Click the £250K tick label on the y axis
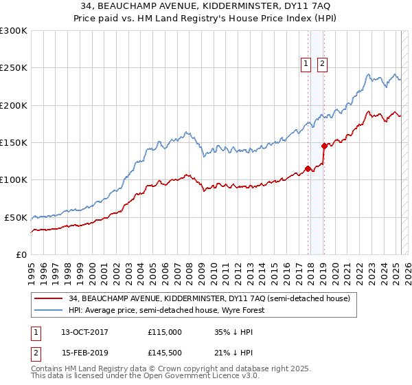14,68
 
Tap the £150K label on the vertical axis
14,143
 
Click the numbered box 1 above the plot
306,64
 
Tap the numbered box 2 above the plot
322,64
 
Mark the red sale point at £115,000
308,168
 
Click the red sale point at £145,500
324,146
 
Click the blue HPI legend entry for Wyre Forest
165,310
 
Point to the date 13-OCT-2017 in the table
86,331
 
